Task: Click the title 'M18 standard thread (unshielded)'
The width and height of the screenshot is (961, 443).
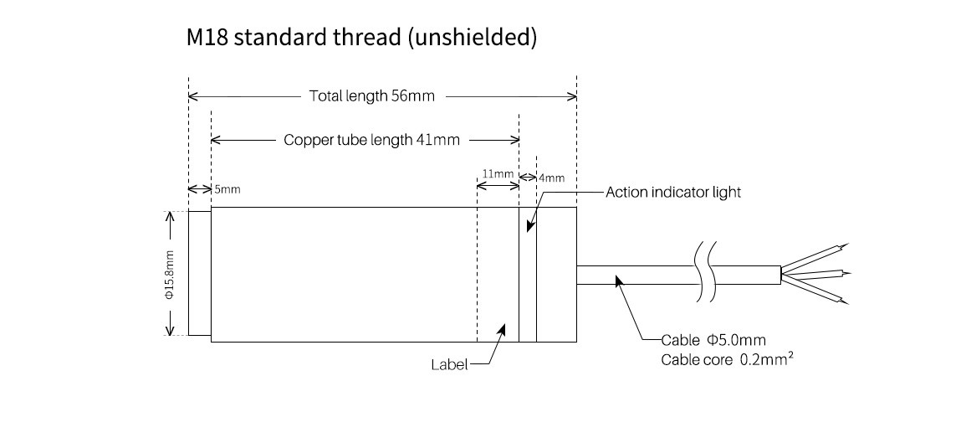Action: click(x=361, y=39)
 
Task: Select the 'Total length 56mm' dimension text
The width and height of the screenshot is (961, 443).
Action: click(x=372, y=95)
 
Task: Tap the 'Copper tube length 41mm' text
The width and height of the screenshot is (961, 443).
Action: click(x=371, y=140)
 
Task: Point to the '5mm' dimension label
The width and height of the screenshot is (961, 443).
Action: click(x=227, y=190)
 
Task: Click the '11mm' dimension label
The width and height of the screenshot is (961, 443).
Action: click(x=498, y=174)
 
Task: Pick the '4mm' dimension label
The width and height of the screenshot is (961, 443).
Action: click(x=551, y=178)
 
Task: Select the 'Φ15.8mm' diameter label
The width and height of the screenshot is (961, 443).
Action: click(x=169, y=274)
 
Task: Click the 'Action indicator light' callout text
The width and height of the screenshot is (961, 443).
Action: click(x=673, y=193)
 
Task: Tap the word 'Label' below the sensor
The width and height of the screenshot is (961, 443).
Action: click(x=448, y=364)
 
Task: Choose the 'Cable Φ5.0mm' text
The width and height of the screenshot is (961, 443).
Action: click(x=713, y=340)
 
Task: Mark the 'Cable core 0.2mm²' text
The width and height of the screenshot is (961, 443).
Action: click(x=726, y=360)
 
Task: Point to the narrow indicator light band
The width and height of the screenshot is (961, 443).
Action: click(x=527, y=274)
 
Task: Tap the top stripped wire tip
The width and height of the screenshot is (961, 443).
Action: click(x=844, y=246)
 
